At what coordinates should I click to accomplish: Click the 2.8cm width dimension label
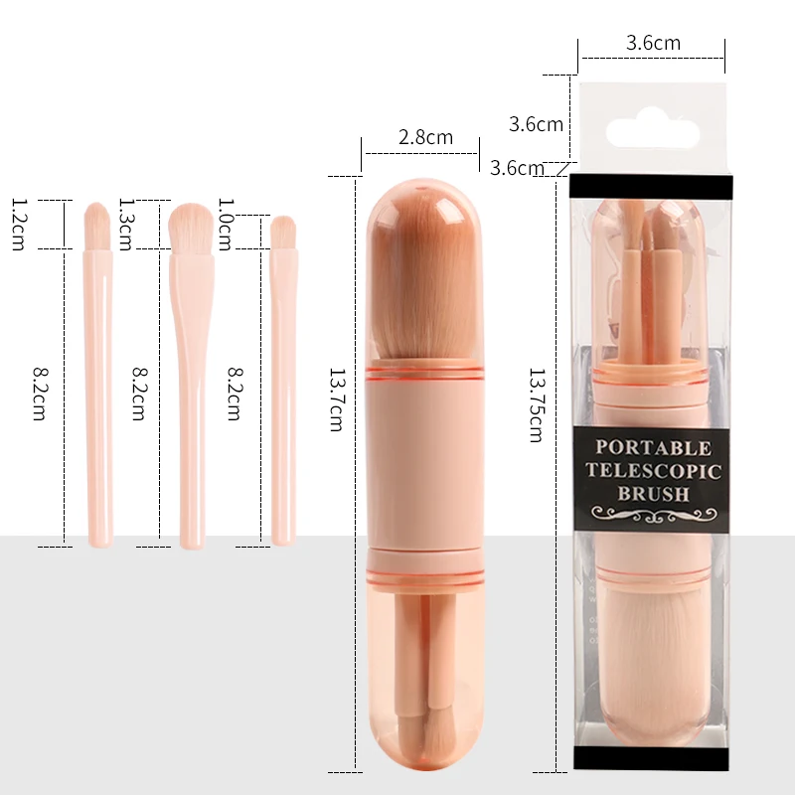(x=425, y=137)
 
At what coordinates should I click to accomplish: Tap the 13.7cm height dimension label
(x=337, y=400)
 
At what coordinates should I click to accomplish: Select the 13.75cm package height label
(x=537, y=405)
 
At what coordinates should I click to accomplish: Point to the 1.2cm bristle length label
(x=19, y=225)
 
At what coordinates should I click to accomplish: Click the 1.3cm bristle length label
(x=126, y=225)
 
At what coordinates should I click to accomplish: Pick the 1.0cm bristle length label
(x=226, y=225)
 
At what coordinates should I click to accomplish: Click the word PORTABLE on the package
(x=653, y=448)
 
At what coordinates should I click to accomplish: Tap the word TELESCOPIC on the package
(x=653, y=470)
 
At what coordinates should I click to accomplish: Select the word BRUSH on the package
(x=654, y=493)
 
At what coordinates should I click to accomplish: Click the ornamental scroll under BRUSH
(x=654, y=515)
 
